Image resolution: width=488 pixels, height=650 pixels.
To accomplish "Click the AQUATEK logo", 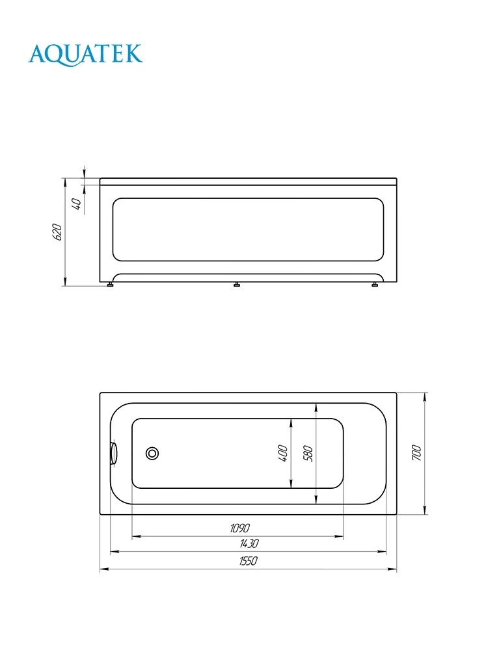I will (x=85, y=53).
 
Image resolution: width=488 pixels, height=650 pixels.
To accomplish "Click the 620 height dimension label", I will (x=57, y=232).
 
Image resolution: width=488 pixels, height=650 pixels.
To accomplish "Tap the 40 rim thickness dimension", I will (x=76, y=203).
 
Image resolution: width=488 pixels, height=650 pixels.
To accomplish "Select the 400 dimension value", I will (x=283, y=453).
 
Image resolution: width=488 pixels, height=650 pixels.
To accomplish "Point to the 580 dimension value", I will (x=308, y=453).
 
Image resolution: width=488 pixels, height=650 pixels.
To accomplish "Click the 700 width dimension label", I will (x=416, y=453).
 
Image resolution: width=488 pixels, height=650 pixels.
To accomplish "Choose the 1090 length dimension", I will (x=238, y=528).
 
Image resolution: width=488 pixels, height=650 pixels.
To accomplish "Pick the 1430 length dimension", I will (x=249, y=543).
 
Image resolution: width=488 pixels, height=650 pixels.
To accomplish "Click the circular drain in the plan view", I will (x=154, y=454).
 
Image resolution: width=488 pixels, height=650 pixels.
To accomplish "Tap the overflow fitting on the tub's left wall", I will (x=114, y=453).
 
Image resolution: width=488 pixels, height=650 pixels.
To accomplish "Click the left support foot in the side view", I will (x=111, y=284).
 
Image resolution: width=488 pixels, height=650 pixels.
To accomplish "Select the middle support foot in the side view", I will (x=237, y=284).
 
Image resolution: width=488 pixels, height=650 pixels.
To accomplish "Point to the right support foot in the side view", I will (x=375, y=284).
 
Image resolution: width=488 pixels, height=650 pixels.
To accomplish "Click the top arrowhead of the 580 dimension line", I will (x=316, y=407).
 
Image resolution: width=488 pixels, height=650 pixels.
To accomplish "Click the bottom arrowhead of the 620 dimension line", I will (x=65, y=281).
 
